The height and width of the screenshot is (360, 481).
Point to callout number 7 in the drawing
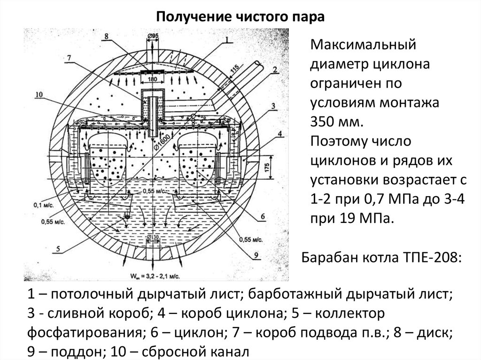[69, 58]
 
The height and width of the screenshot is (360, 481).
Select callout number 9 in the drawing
[256, 255]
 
